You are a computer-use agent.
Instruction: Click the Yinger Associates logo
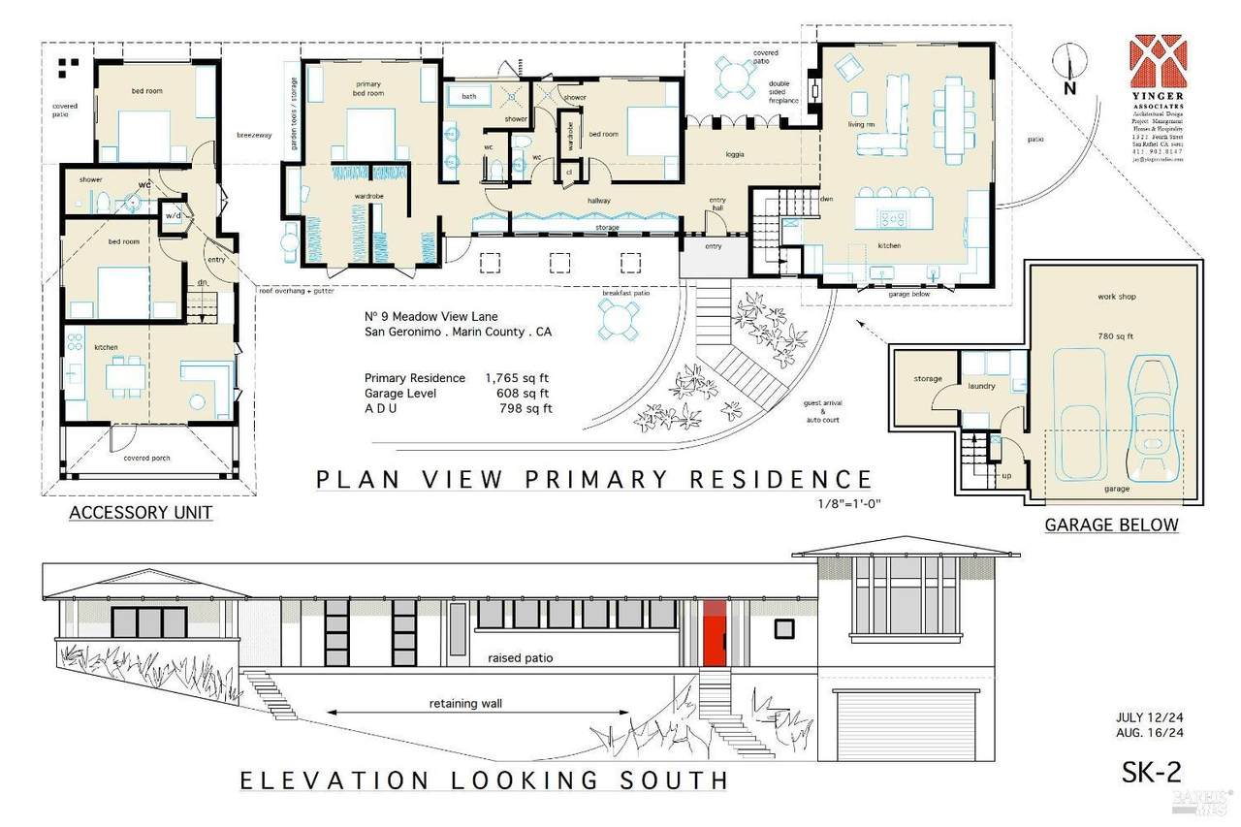point(1161,62)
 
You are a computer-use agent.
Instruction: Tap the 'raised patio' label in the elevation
point(521,657)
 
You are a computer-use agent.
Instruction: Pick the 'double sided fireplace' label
point(783,91)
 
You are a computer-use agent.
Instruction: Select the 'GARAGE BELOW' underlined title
point(1111,525)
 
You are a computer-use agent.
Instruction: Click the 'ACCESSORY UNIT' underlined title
point(141,512)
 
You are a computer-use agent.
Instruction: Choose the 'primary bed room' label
point(367,89)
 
